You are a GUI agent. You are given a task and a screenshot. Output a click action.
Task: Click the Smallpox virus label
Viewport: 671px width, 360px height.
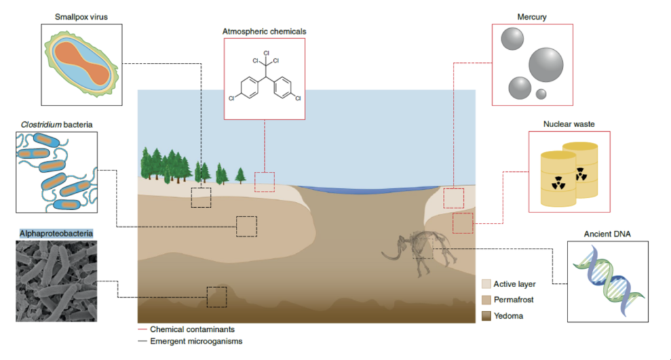[x=81, y=16]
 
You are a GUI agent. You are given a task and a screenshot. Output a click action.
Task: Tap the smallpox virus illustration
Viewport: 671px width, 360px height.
[x=81, y=64]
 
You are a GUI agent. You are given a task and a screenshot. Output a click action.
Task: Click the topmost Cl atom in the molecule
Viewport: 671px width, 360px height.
[x=266, y=52]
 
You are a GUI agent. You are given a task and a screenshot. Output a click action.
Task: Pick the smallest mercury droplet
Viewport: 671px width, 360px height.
[x=541, y=94]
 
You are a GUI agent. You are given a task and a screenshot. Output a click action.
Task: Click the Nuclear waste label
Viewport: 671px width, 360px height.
[x=568, y=123]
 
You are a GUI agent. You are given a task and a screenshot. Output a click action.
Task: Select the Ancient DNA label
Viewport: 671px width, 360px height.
[x=607, y=233]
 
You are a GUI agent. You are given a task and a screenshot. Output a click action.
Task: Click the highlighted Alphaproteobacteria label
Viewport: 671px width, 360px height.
[x=56, y=233]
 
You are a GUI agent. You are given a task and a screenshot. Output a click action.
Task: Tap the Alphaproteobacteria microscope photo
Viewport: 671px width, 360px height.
[x=56, y=281]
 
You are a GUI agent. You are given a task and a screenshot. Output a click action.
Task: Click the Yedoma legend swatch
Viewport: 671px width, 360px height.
[x=486, y=316]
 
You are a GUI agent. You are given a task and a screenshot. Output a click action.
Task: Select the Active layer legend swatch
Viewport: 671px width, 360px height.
[x=486, y=284]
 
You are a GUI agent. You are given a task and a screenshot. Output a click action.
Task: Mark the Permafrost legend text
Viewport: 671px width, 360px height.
[x=514, y=300]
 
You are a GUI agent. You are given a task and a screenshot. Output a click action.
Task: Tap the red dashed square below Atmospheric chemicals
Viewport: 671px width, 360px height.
[x=264, y=181]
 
